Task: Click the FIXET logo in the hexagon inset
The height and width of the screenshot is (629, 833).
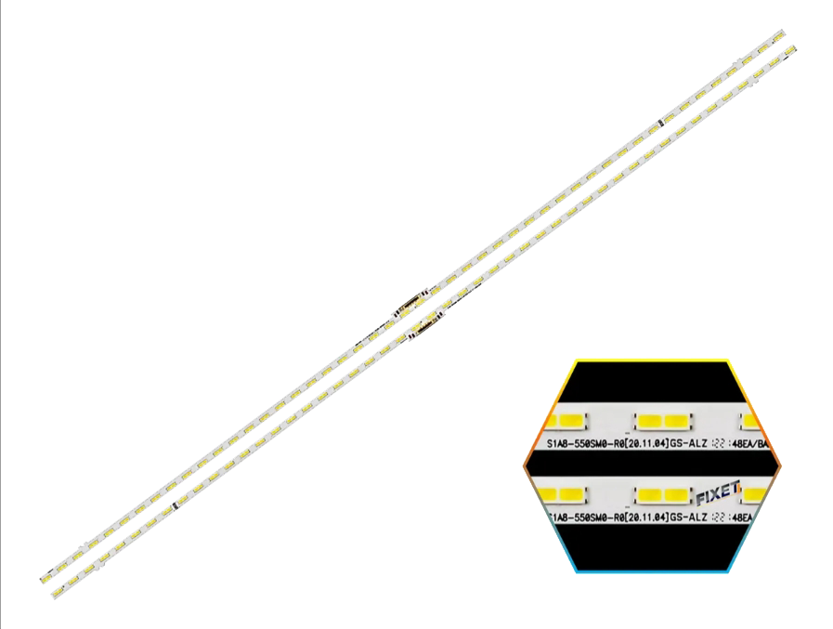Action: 716,486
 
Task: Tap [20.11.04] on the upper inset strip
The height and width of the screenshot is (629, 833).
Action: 642,445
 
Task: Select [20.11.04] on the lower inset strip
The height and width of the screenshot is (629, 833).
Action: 642,517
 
